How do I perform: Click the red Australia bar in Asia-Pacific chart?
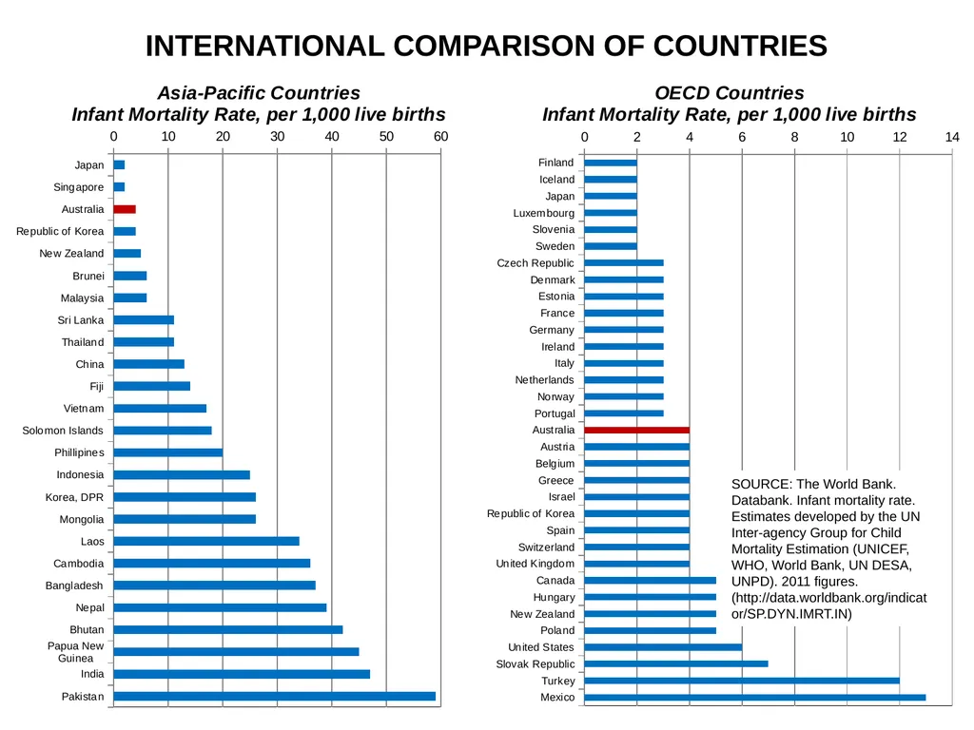pos(125,209)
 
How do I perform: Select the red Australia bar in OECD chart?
pos(636,430)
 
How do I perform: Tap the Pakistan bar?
pos(275,697)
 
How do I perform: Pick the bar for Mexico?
pos(754,697)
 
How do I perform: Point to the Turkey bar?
pos(742,681)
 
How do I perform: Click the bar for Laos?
pos(206,541)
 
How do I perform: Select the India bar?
pos(242,674)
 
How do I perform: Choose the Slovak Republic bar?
pos(676,663)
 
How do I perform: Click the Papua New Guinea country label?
pos(76,652)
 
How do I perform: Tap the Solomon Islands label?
pos(63,431)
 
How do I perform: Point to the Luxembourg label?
pos(543,213)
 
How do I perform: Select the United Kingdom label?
pos(535,564)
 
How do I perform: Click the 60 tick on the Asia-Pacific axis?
pos(440,137)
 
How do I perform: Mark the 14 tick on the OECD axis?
pos(951,137)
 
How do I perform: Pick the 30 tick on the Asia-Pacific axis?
pos(277,137)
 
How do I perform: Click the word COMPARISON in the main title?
pos(518,46)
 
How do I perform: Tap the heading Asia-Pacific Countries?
pos(259,93)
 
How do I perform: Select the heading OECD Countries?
pos(730,93)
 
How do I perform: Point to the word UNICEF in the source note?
pos(883,548)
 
